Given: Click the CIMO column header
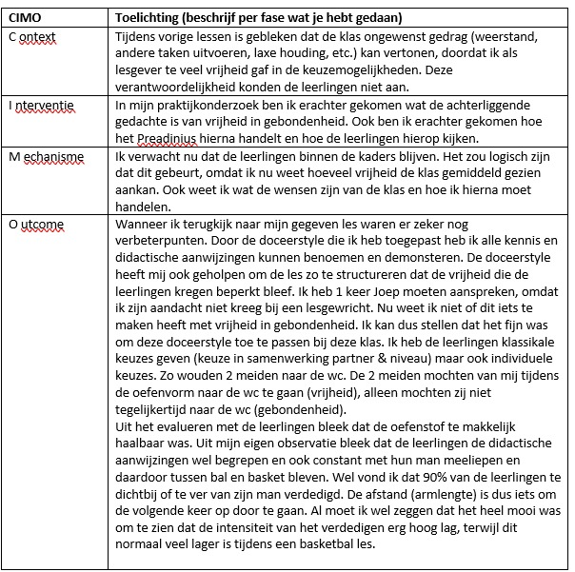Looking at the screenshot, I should (26, 17).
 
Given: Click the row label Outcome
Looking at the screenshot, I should (36, 225).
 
